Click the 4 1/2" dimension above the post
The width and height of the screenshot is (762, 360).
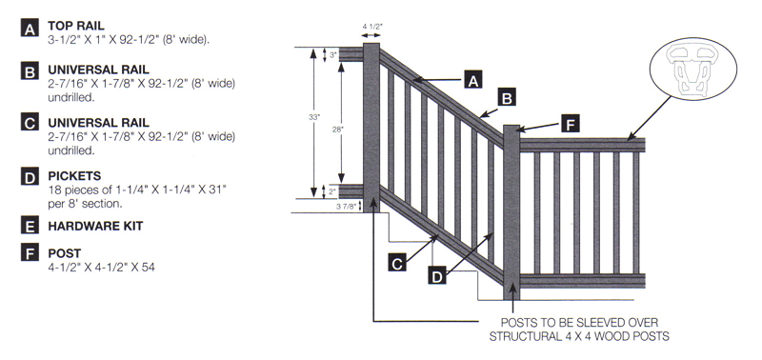coord(371,28)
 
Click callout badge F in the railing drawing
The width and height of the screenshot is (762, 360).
coord(570,124)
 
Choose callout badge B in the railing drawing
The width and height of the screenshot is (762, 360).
coord(507,97)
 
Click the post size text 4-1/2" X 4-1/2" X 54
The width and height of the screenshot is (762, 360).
coord(101,268)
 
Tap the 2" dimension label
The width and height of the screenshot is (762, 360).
coord(333,191)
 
